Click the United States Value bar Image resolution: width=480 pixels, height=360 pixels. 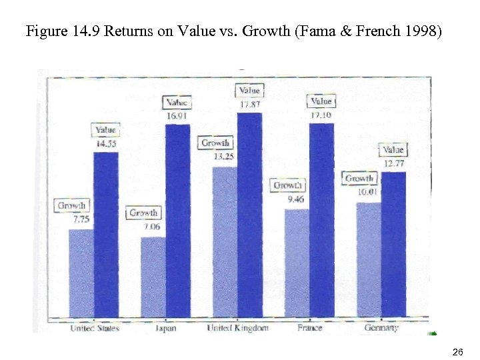[x=105, y=233]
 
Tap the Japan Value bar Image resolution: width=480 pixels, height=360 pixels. [x=177, y=220]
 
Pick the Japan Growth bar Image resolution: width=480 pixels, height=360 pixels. [x=153, y=276]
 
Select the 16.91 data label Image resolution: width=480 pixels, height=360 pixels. [x=177, y=115]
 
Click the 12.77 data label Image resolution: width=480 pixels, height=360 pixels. [x=393, y=163]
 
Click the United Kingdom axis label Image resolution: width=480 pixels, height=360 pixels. [x=237, y=327]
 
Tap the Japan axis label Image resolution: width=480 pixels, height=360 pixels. [x=165, y=327]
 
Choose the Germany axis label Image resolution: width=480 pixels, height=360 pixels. [x=381, y=327]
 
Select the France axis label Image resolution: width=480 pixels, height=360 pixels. [x=309, y=327]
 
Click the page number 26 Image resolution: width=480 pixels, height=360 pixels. [x=457, y=351]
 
